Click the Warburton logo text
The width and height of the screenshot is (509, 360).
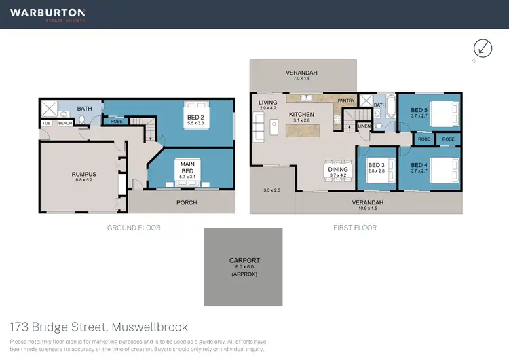(x=47, y=13)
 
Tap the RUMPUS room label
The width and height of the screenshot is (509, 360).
(x=84, y=175)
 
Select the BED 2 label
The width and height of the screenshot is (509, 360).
(x=195, y=117)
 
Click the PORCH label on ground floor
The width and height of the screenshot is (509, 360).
(x=186, y=202)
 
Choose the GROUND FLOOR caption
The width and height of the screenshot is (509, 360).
(x=134, y=228)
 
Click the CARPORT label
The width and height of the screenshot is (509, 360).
(x=244, y=260)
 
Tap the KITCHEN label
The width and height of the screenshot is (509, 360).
(x=301, y=115)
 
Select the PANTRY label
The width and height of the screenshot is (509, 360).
(x=346, y=101)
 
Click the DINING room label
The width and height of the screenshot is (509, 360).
(x=337, y=169)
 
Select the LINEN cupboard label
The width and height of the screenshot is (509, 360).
(x=364, y=126)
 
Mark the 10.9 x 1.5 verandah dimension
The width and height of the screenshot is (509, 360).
(x=368, y=208)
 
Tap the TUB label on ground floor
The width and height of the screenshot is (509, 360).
(x=47, y=123)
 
